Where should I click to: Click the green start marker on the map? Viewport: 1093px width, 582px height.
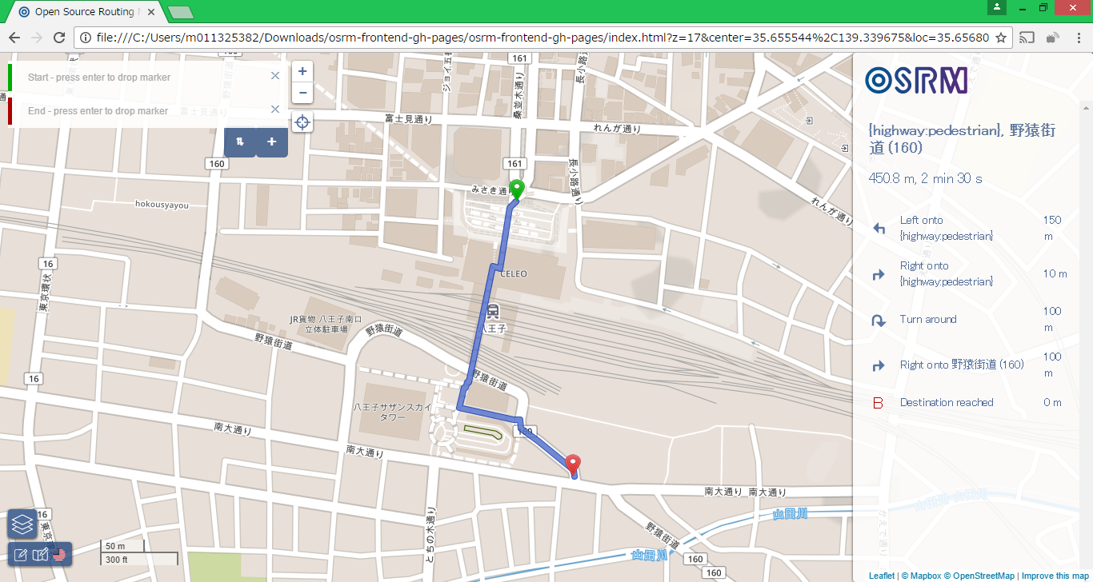pos(516,189)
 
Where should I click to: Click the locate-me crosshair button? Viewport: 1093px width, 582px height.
pos(302,122)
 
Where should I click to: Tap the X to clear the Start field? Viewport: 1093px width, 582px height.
pos(275,76)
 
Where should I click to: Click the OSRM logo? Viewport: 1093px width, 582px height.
pos(917,80)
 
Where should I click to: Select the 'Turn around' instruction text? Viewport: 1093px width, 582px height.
pos(928,319)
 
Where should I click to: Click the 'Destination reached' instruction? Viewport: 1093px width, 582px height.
pos(947,402)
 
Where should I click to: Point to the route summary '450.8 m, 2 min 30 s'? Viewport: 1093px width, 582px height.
pos(926,178)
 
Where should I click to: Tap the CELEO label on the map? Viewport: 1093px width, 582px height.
pos(514,273)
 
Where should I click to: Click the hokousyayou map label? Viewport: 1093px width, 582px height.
pos(162,205)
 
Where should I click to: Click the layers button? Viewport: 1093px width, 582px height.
pos(22,524)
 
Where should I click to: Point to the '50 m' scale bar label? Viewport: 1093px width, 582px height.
pos(116,546)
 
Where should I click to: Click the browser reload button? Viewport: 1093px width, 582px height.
pos(59,38)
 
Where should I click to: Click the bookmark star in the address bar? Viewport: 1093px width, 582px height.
pos(1000,38)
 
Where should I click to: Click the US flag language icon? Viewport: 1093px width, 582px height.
pos(59,553)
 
